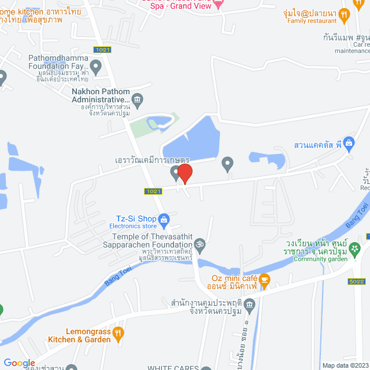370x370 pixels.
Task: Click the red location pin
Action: click(184, 173)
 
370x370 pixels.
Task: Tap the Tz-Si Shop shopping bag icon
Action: click(164, 219)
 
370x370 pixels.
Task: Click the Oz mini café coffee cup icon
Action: click(264, 281)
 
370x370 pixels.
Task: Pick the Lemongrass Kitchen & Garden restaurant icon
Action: click(119, 332)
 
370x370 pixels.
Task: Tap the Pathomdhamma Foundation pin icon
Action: click(96, 67)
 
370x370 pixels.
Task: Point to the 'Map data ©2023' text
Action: click(345, 365)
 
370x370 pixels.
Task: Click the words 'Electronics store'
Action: click(134, 227)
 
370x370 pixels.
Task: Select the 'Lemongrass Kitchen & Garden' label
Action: click(79, 336)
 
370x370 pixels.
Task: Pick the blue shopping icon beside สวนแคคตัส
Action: click(348, 142)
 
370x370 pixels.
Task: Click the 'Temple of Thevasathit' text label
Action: click(151, 236)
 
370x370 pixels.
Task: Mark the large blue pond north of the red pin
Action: click(191, 139)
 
